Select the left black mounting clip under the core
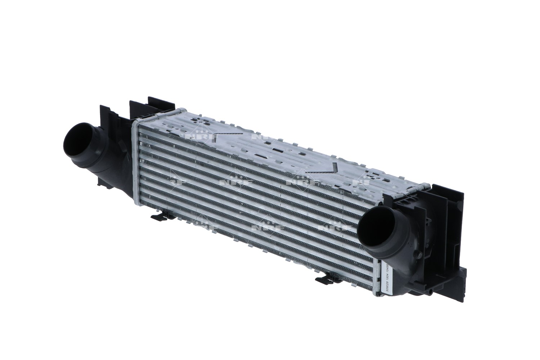[159, 217]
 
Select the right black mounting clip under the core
[324, 279]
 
